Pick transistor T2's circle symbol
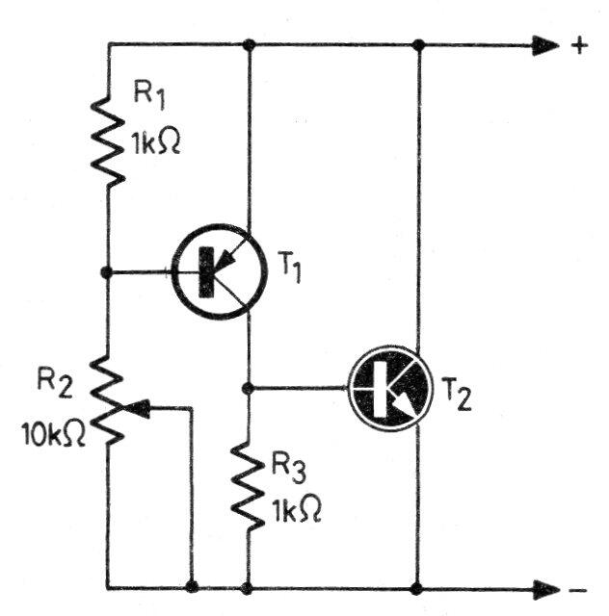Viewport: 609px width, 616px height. coord(390,390)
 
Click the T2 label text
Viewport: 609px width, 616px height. coord(458,396)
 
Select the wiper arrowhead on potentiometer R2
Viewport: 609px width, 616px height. coord(137,408)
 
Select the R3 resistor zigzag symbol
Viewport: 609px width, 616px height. coord(249,486)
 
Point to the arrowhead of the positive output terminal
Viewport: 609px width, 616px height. coord(544,45)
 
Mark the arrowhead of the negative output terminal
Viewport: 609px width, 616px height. coord(544,587)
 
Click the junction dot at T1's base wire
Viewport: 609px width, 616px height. coord(108,272)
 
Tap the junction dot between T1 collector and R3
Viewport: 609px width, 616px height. coord(249,388)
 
